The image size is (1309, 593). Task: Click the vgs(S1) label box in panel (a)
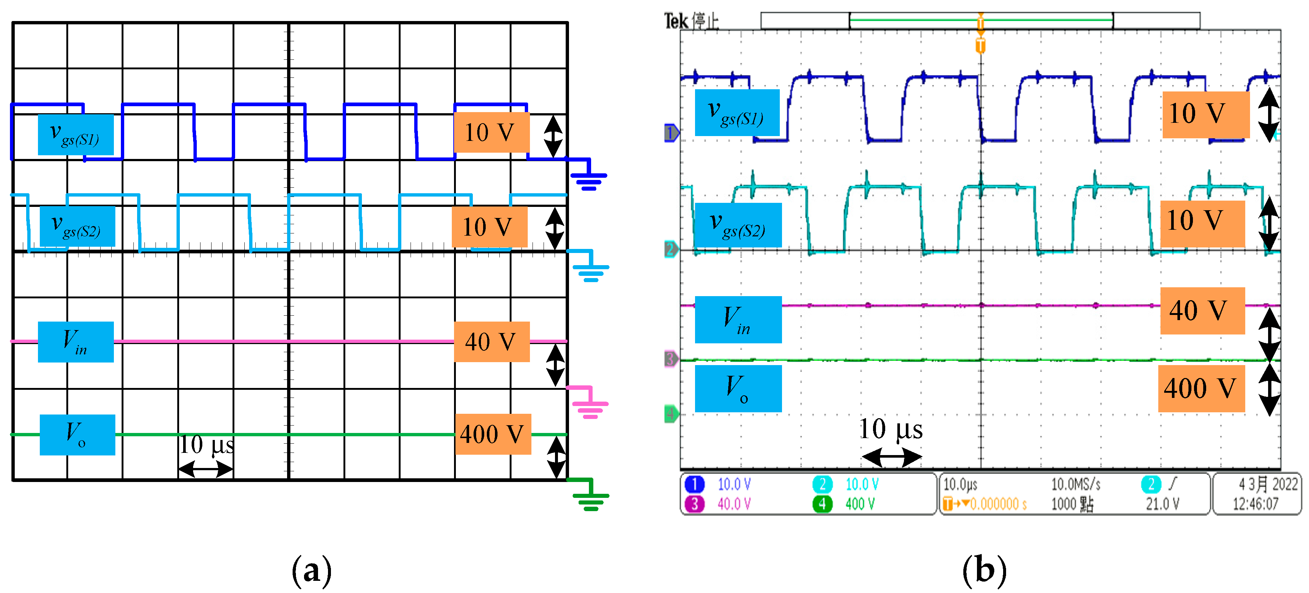point(76,134)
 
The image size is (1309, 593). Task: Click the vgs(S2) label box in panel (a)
point(77,226)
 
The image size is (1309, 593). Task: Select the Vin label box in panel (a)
point(76,342)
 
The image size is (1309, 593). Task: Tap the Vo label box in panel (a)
point(77,435)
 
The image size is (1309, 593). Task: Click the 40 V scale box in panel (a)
point(491,342)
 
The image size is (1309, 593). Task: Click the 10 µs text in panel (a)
point(207,445)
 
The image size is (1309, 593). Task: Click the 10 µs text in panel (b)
point(890,429)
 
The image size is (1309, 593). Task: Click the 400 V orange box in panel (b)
point(1201,389)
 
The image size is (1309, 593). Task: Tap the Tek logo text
point(676,21)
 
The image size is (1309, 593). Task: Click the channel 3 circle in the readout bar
point(694,504)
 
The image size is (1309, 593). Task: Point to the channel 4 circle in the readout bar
point(822,504)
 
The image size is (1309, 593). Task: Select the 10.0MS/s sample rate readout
point(1076,485)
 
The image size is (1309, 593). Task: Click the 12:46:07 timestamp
point(1255,504)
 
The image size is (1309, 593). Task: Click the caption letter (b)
point(984,571)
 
